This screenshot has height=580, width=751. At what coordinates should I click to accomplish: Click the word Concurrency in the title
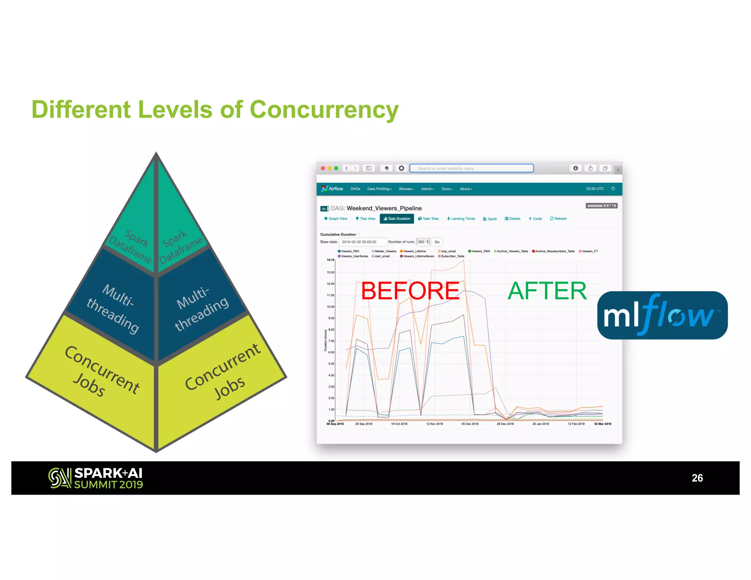point(324,110)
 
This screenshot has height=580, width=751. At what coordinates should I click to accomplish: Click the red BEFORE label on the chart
point(410,291)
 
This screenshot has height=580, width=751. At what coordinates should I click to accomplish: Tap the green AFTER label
point(547,291)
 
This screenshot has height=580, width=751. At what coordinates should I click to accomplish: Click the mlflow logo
point(662,315)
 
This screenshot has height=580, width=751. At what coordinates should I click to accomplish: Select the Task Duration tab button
point(397,219)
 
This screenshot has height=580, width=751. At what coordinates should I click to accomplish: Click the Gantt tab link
point(490,219)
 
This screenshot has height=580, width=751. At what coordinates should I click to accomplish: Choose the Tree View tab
point(366,219)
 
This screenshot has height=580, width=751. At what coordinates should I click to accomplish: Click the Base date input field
point(362,242)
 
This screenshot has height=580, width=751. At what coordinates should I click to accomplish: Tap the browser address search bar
point(471,168)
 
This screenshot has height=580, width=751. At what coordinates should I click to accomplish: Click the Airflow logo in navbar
point(332,189)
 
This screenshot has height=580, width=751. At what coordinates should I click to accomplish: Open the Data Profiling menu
point(379,189)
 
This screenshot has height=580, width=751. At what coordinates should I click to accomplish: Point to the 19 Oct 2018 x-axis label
point(399,424)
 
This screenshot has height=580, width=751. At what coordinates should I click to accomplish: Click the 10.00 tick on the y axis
point(331,307)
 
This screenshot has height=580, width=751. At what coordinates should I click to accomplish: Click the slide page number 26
point(697,478)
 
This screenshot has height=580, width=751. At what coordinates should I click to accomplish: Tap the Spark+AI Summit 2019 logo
point(95,478)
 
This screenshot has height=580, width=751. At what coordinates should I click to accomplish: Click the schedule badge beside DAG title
point(601,206)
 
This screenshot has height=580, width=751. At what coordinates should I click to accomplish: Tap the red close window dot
point(323,168)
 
